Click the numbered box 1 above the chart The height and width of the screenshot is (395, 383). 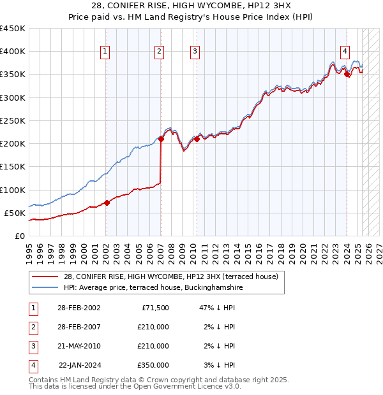[105, 52]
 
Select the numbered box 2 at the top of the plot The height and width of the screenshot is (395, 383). [159, 52]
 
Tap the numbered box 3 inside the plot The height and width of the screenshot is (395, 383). [195, 52]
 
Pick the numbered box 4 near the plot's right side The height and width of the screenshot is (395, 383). [345, 52]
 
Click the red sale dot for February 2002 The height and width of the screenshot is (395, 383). [107, 203]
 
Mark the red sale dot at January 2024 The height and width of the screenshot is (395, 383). [347, 75]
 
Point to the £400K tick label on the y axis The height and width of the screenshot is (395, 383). [13, 52]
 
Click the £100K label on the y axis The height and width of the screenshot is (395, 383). [13, 190]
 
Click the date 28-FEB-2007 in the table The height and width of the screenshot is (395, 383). [79, 327]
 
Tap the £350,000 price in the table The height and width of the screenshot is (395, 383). [153, 365]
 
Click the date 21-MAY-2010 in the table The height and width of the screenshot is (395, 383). [79, 346]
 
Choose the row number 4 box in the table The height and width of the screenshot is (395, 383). [32, 365]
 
